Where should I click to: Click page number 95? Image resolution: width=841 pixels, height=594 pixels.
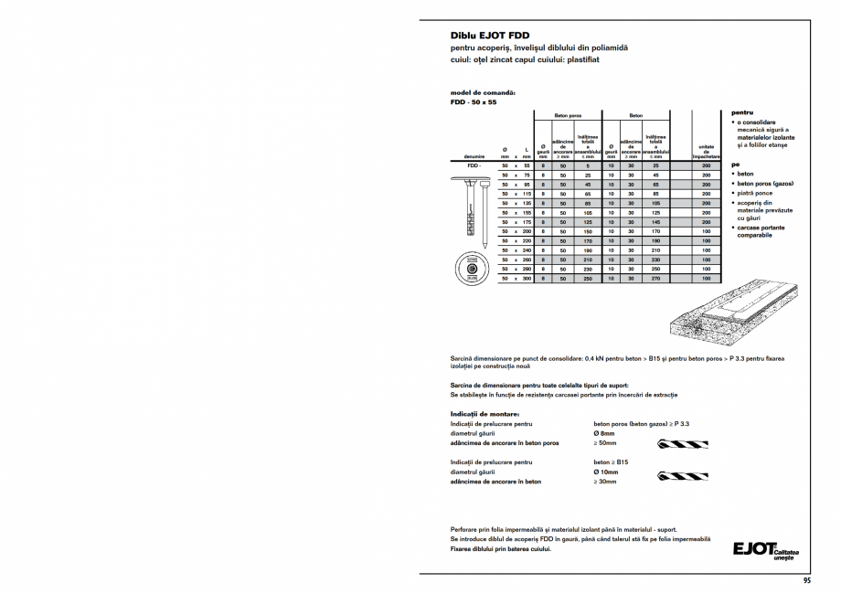pos(806,580)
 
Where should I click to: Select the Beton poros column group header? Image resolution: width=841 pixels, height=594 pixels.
pos(568,116)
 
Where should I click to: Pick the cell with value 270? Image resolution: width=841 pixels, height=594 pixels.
pos(655,278)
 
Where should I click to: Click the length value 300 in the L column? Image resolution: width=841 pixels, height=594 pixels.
pos(527,278)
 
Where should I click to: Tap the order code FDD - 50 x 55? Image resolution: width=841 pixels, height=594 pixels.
pos(473,102)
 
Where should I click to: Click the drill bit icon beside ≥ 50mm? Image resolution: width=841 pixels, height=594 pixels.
pos(682,443)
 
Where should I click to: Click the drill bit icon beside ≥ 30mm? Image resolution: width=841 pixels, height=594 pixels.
pos(682,476)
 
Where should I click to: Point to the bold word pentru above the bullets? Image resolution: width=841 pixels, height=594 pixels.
pos(741,112)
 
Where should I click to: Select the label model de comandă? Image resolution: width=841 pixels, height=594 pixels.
pos(483,93)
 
